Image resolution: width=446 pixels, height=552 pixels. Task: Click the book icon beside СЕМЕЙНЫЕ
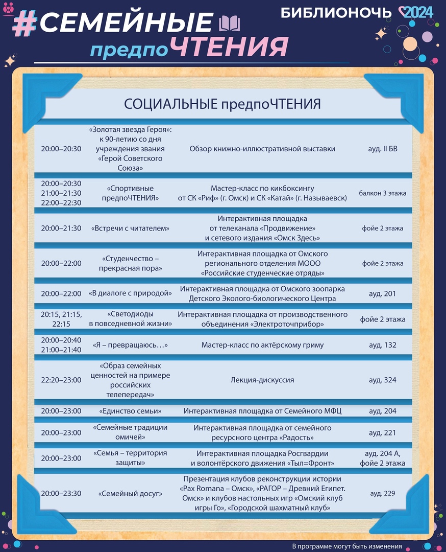[229, 24]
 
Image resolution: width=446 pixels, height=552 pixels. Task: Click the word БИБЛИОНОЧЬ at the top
[336, 13]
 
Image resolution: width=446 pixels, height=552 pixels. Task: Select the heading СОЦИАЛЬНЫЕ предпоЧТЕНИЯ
[222, 104]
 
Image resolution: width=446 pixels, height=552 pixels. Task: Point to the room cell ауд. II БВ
[382, 149]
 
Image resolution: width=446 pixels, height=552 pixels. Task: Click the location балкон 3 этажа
[382, 193]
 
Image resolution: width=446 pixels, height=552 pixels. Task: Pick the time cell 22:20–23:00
[61, 380]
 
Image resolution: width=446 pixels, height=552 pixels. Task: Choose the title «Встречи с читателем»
[130, 228]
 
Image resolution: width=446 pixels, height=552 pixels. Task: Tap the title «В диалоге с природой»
[130, 293]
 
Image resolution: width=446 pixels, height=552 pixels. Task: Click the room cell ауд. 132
[382, 345]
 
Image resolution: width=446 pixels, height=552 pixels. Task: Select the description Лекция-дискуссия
[262, 380]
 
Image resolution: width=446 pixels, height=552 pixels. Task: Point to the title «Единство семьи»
[130, 411]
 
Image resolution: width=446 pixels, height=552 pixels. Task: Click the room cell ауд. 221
[382, 432]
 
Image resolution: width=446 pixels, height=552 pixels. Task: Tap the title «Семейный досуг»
[130, 494]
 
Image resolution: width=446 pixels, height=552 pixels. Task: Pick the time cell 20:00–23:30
[61, 494]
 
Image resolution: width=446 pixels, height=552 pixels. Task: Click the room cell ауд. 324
[382, 380]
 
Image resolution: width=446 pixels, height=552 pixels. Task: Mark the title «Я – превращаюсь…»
[130, 345]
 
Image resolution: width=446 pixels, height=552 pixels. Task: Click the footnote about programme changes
[347, 546]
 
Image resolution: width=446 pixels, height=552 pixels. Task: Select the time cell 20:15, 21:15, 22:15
[61, 319]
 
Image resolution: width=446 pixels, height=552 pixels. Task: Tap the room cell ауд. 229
[382, 494]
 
